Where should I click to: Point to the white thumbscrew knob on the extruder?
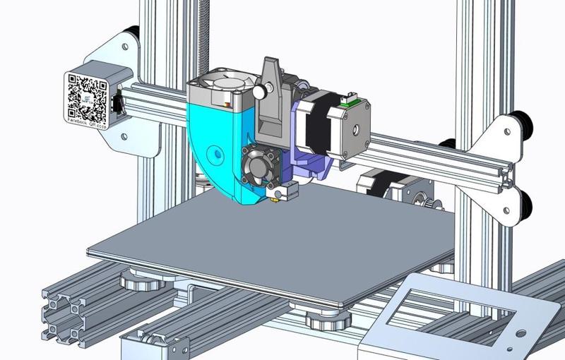pyautogui.click(x=260, y=91)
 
